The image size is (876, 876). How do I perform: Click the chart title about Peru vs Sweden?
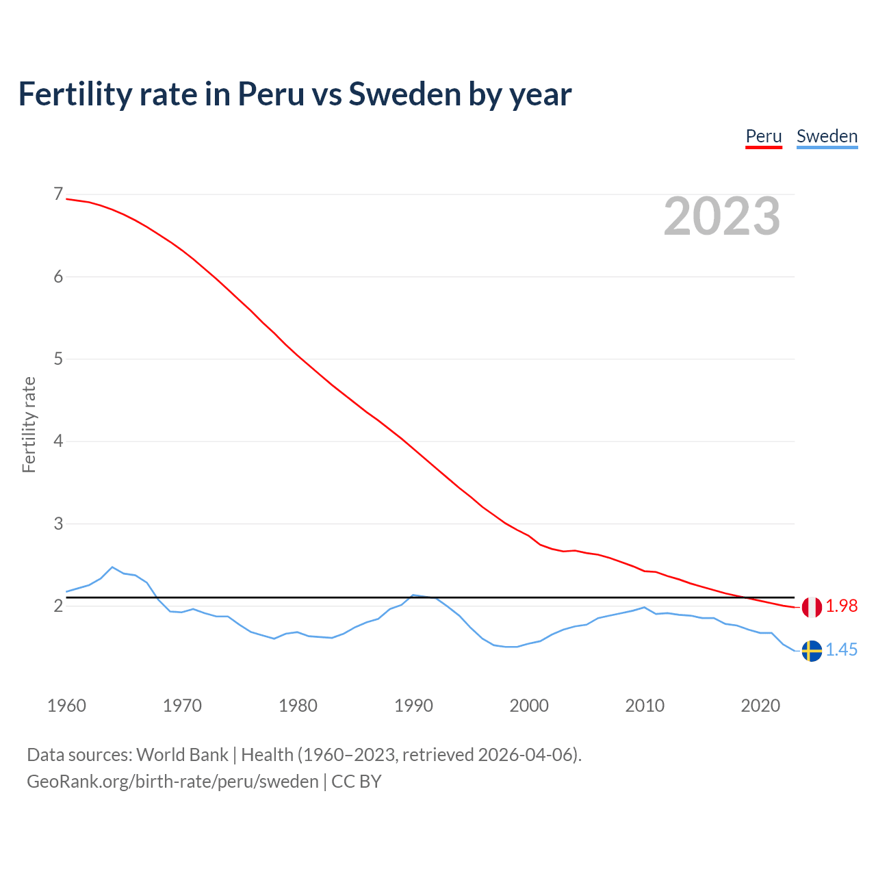(294, 94)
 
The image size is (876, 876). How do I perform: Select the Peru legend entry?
(763, 136)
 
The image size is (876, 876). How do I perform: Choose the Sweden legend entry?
(827, 136)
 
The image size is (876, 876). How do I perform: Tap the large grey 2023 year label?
(722, 216)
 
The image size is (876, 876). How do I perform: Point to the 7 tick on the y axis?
(58, 194)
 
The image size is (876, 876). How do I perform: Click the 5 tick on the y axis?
(58, 359)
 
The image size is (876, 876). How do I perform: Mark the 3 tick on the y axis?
(58, 524)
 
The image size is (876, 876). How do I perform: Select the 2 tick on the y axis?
(58, 606)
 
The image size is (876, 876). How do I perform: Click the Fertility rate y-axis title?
(29, 424)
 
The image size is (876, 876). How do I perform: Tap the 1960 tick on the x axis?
(66, 706)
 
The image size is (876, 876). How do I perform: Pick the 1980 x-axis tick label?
(298, 706)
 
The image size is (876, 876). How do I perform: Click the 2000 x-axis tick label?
(529, 706)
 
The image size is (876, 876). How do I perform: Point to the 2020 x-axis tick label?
(760, 706)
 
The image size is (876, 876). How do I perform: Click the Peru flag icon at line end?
(812, 607)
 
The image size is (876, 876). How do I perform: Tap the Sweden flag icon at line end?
(812, 651)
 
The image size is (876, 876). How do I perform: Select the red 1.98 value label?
(841, 606)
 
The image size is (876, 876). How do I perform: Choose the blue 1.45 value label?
(841, 650)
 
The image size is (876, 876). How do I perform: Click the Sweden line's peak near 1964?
(112, 567)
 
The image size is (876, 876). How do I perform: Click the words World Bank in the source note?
(182, 755)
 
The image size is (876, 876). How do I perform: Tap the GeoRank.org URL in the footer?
(172, 782)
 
